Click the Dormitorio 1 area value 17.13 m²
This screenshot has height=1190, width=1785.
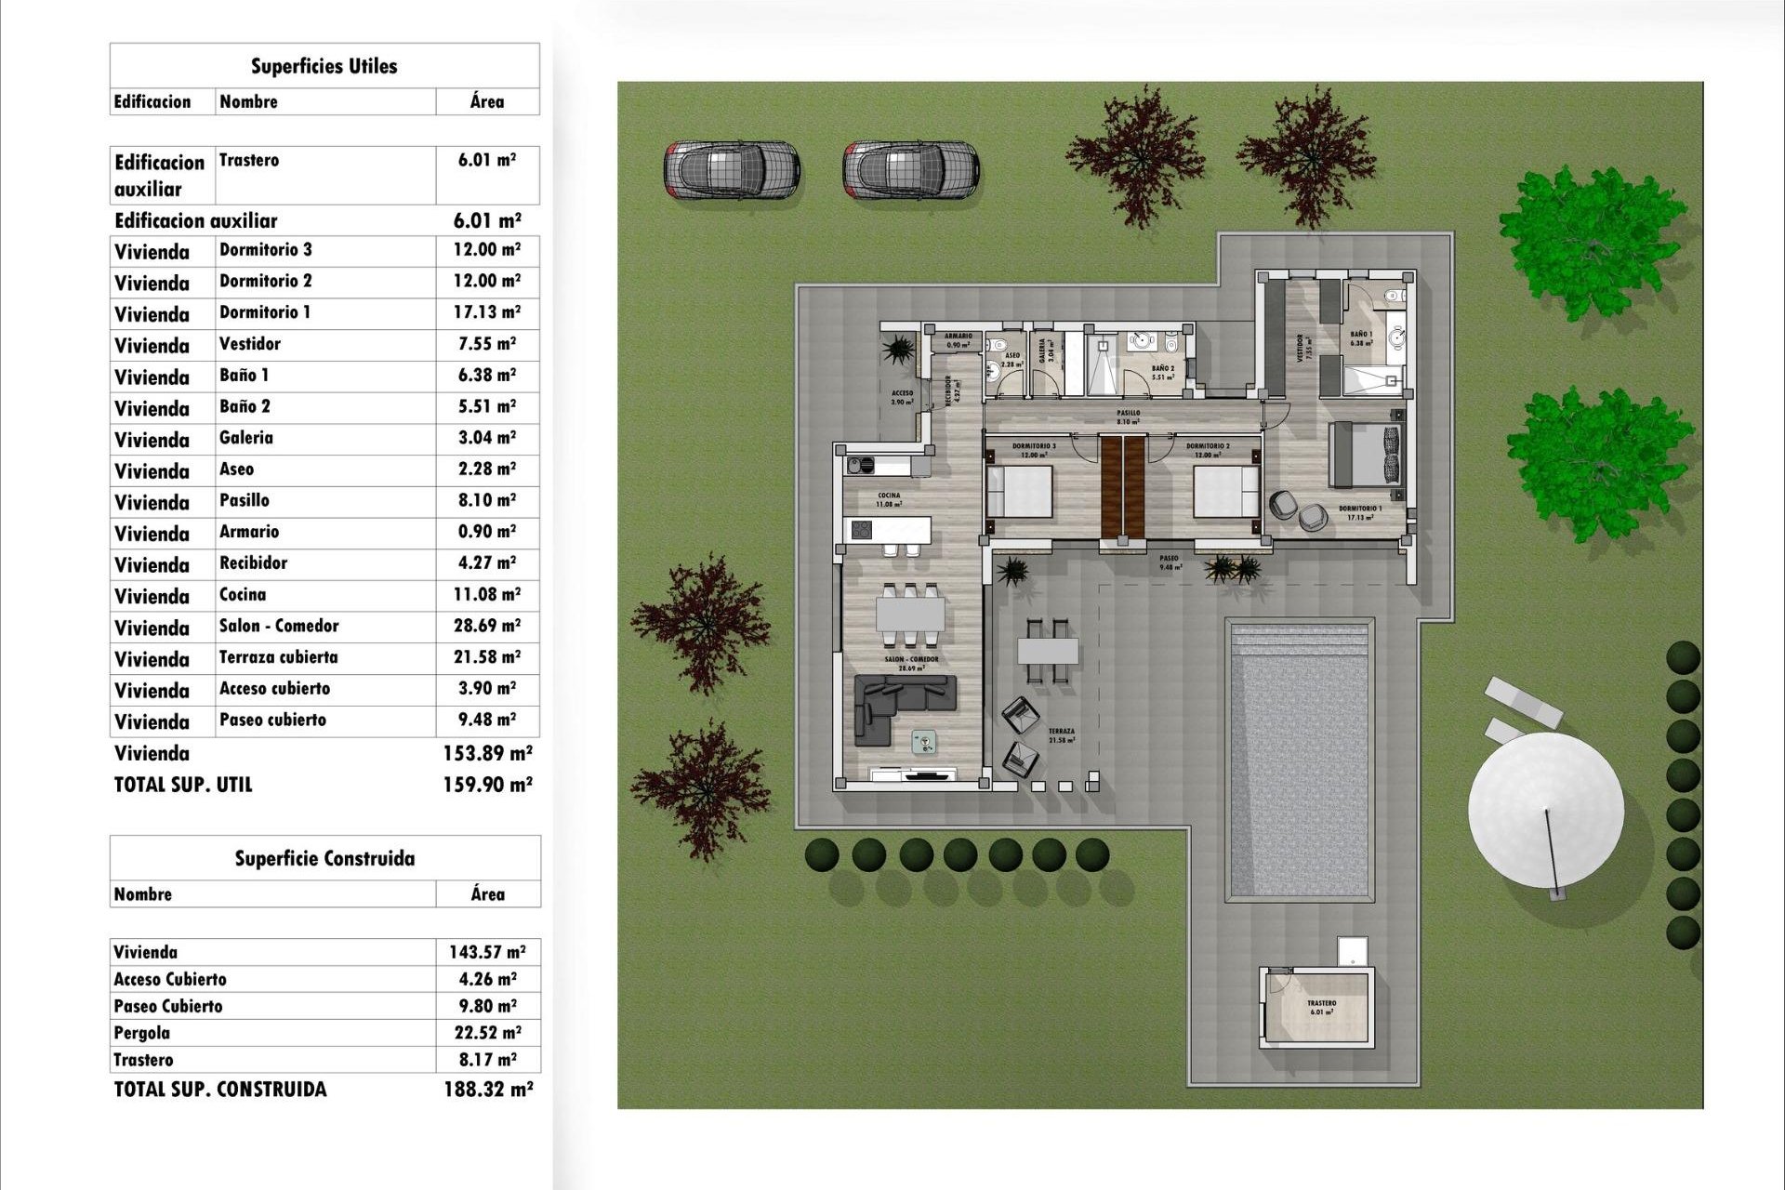486,312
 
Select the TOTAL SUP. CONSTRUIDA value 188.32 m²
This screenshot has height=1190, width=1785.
487,1089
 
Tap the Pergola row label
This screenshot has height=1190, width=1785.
142,1033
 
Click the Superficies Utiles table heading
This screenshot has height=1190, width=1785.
324,66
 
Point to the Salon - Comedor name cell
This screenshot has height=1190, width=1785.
279,626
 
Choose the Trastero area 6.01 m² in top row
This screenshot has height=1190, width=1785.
486,160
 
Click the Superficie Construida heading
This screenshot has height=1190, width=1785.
324,858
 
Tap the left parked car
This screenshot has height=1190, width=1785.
731,170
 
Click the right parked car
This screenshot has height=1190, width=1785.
910,170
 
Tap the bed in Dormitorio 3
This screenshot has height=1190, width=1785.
1020,491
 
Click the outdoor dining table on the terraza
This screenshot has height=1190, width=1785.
1048,650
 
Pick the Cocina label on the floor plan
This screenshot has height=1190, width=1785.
888,499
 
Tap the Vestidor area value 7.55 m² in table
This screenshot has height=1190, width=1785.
486,344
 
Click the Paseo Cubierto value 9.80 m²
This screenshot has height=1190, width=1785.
487,1006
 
